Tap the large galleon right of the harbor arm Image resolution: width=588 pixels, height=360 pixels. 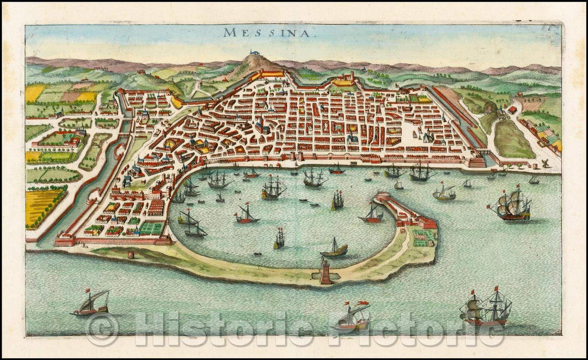(510, 206)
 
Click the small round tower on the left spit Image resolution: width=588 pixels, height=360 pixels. (131, 254)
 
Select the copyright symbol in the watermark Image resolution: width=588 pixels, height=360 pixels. (102, 330)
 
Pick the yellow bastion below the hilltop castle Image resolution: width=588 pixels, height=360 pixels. (272, 74)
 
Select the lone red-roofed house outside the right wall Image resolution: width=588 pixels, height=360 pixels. (513, 109)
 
